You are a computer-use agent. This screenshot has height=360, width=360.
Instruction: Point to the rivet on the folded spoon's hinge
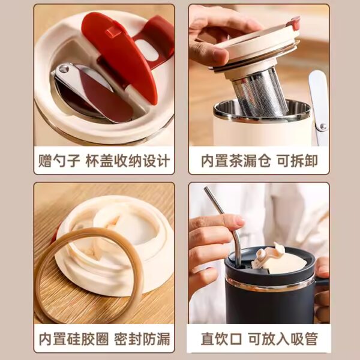(64, 68)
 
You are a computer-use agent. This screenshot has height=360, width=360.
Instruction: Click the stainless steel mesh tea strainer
(259, 94)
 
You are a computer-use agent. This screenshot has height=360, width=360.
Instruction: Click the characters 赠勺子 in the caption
(59, 161)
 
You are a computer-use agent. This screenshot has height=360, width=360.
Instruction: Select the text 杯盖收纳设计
(128, 161)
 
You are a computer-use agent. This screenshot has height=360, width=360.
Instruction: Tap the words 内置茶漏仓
(236, 161)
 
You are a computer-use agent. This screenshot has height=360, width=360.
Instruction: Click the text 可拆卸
(298, 161)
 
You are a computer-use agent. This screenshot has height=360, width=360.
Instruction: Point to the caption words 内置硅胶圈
(74, 338)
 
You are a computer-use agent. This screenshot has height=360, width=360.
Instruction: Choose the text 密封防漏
(142, 338)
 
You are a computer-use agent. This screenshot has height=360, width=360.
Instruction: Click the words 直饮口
(221, 338)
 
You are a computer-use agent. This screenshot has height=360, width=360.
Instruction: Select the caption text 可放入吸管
(283, 338)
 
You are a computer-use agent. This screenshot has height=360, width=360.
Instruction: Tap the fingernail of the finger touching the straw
(239, 221)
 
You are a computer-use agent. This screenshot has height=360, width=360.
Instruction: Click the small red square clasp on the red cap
(113, 31)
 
